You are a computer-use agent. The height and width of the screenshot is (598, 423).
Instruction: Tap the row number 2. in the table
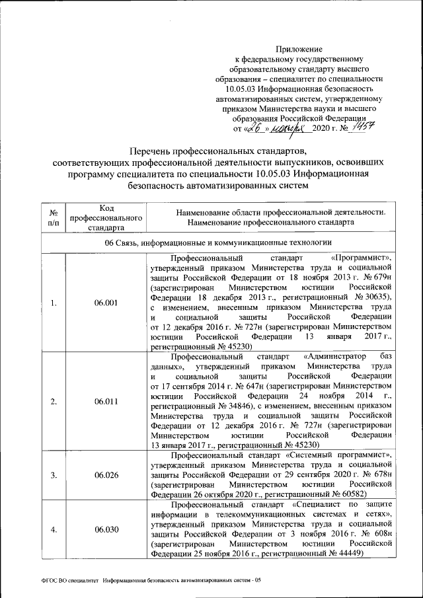click(54, 402)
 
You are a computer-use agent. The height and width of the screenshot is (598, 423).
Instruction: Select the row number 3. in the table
click(54, 474)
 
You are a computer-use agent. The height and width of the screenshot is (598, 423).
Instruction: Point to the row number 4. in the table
click(54, 529)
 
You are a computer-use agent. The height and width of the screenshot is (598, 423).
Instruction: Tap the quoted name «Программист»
click(362, 258)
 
